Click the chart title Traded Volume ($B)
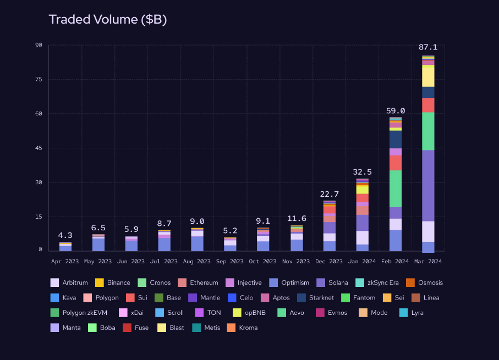pyautogui.click(x=108, y=20)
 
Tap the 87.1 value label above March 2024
pyautogui.click(x=428, y=48)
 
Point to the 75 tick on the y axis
pyautogui.click(x=38, y=80)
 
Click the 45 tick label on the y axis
pyautogui.click(x=38, y=148)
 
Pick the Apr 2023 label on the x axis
pyautogui.click(x=65, y=262)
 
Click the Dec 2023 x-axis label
pyautogui.click(x=329, y=262)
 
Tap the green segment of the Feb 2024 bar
pyautogui.click(x=395, y=189)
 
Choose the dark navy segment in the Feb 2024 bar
pyautogui.click(x=395, y=139)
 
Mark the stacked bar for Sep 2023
pyautogui.click(x=230, y=245)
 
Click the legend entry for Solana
pyautogui.click(x=332, y=283)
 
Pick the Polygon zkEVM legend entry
pyautogui.click(x=79, y=313)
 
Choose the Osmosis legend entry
pyautogui.click(x=424, y=283)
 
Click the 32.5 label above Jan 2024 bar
pyautogui.click(x=362, y=172)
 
